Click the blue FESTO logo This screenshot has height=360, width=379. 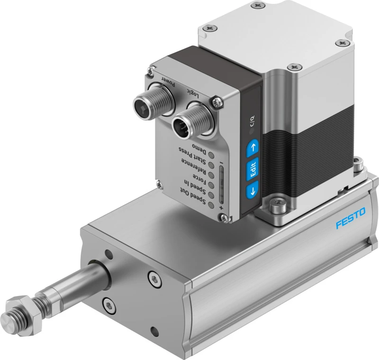[351, 218]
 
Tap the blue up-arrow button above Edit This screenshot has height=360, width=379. [253, 148]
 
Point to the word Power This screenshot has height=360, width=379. [168, 82]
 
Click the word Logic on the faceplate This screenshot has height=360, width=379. [193, 93]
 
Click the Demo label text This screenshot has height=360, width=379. [199, 149]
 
